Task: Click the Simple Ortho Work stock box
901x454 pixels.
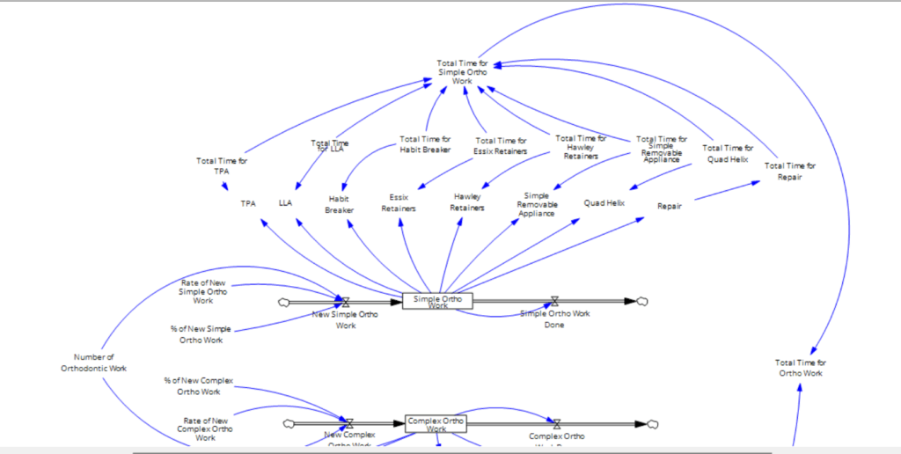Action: (x=437, y=300)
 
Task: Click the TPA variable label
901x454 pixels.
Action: (x=248, y=203)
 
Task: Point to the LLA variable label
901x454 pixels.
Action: (x=285, y=202)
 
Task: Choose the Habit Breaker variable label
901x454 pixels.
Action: (x=339, y=204)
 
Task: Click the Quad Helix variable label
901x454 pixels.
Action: (x=604, y=202)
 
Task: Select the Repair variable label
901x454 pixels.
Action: (x=670, y=206)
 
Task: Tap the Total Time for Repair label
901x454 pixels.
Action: (x=789, y=171)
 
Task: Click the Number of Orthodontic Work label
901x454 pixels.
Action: (x=94, y=362)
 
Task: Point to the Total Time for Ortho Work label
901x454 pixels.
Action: (x=800, y=368)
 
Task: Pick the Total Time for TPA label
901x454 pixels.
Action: (x=222, y=165)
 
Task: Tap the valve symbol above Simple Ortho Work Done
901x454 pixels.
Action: (x=554, y=301)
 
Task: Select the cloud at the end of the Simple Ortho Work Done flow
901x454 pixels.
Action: (x=642, y=301)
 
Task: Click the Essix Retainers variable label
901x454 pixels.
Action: (x=396, y=203)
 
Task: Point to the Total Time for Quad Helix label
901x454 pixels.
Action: (x=728, y=153)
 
